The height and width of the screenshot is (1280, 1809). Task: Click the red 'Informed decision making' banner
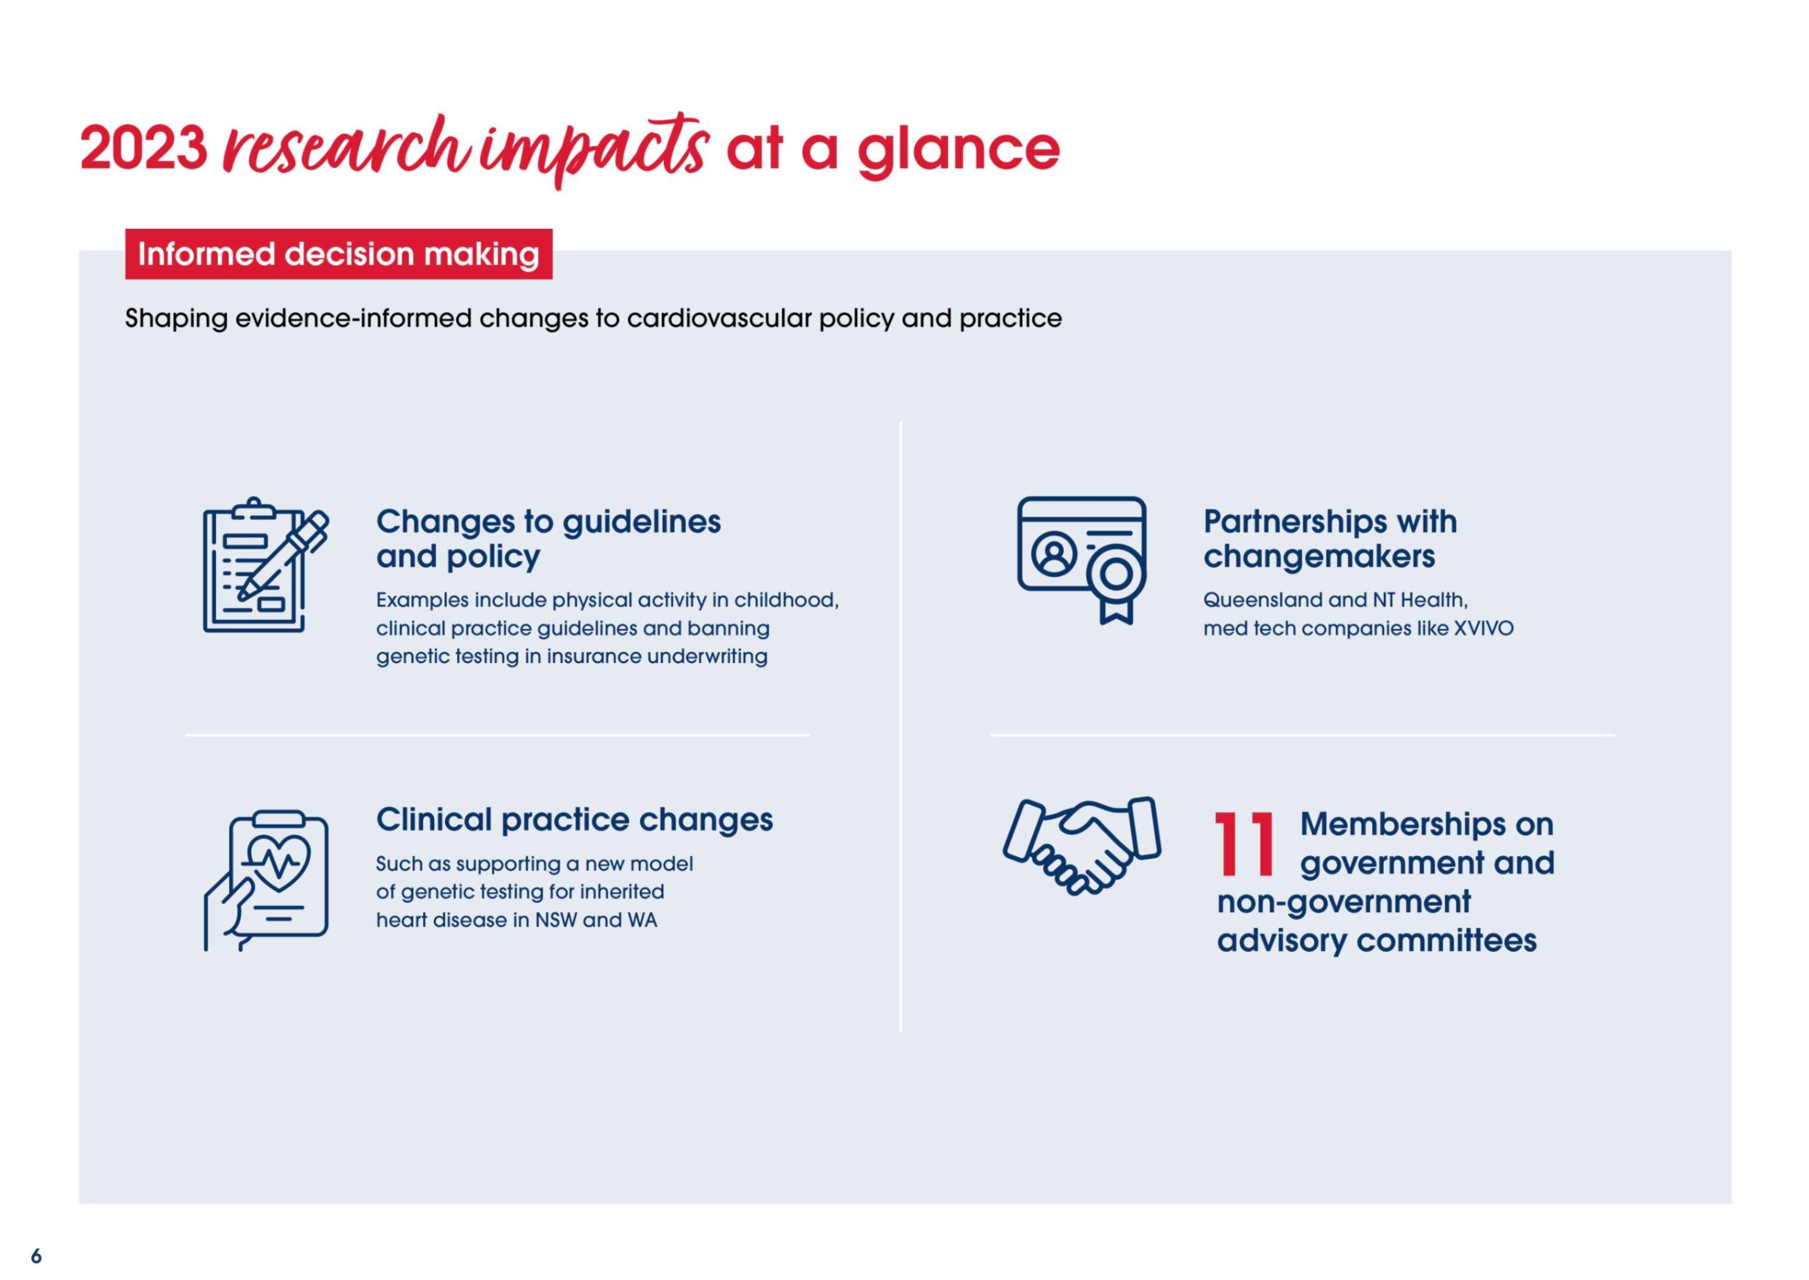click(339, 254)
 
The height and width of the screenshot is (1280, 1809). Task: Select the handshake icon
click(1082, 846)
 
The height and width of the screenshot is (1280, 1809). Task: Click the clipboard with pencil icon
click(265, 564)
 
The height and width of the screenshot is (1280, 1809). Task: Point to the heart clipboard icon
click(266, 881)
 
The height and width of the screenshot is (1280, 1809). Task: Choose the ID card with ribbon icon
click(1082, 560)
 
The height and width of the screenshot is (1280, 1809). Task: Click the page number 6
click(36, 1255)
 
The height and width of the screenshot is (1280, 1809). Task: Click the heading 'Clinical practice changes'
click(574, 820)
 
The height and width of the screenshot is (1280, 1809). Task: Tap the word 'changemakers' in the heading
click(1319, 557)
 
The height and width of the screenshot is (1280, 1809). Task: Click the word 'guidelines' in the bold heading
click(641, 522)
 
